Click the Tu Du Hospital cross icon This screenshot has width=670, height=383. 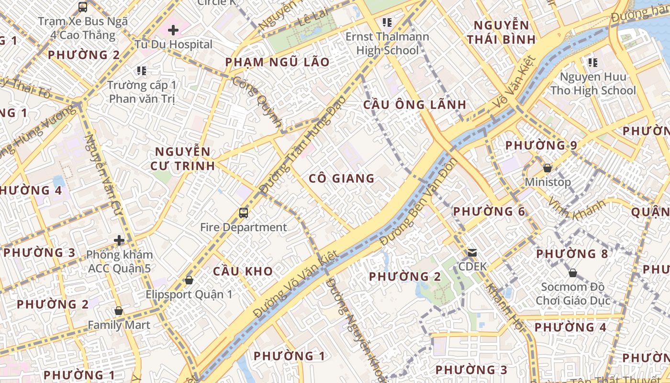pyautogui.click(x=173, y=30)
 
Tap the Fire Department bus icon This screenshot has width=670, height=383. pyautogui.click(x=243, y=213)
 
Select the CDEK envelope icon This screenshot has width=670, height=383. pyautogui.click(x=472, y=252)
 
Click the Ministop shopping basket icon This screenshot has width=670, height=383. pyautogui.click(x=547, y=168)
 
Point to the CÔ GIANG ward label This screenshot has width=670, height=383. pyautogui.click(x=341, y=179)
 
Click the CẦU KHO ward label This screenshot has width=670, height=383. pyautogui.click(x=243, y=271)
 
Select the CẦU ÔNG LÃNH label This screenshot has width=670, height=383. pyautogui.click(x=414, y=105)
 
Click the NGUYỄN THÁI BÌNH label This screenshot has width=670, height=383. pyautogui.click(x=501, y=32)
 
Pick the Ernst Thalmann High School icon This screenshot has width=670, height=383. pyautogui.click(x=387, y=22)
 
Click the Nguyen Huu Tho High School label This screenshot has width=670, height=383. pyautogui.click(x=593, y=84)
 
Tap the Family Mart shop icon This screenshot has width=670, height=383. pyautogui.click(x=119, y=311)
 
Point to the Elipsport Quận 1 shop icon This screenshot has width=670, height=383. pyautogui.click(x=189, y=280)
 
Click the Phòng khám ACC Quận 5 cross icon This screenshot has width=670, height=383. pyautogui.click(x=119, y=240)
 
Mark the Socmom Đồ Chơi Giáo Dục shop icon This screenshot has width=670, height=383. pyautogui.click(x=572, y=273)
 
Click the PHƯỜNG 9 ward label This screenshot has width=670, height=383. pyautogui.click(x=541, y=145)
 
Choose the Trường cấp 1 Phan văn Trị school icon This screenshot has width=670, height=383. pyautogui.click(x=141, y=71)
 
